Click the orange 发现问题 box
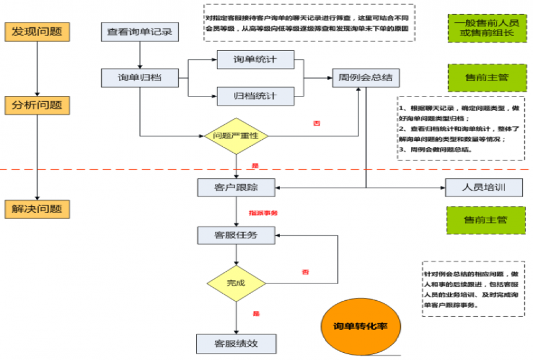(37, 31)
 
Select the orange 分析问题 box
(37, 105)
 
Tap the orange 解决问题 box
(37, 209)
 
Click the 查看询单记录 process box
(140, 32)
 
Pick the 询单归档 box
(140, 78)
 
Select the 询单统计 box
(255, 59)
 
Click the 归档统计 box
(255, 95)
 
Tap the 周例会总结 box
(361, 78)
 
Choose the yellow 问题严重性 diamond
(236, 136)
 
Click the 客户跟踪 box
(236, 188)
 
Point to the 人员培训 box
(484, 188)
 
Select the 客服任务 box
(236, 235)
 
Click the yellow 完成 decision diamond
(236, 282)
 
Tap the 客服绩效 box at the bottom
(236, 343)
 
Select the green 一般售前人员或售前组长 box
(486, 28)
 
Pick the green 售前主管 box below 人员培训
(486, 220)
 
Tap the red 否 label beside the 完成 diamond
(306, 272)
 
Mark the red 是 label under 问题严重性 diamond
(256, 165)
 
